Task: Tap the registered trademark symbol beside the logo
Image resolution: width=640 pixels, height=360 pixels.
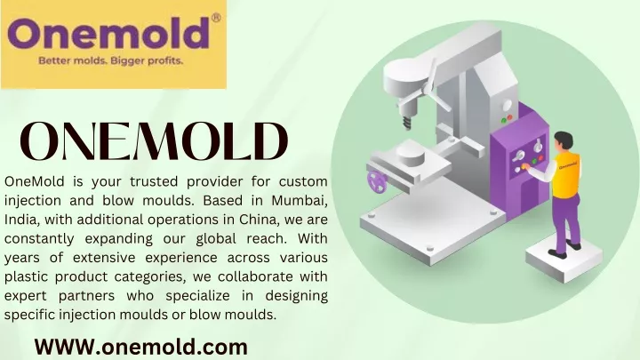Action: [x=217, y=18]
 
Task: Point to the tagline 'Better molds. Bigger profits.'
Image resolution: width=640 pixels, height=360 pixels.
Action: [x=110, y=60]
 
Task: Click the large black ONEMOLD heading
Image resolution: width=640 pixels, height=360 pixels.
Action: [x=154, y=141]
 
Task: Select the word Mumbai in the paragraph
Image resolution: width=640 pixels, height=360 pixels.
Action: [x=300, y=200]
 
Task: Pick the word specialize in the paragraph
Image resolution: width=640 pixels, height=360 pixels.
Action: [x=197, y=296]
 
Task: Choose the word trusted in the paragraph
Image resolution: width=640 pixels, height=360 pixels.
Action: [x=152, y=181]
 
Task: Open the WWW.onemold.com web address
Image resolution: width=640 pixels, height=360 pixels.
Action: [x=141, y=348]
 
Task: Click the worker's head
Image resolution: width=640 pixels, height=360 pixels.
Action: [x=564, y=141]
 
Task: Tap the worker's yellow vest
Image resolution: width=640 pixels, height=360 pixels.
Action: [x=566, y=174]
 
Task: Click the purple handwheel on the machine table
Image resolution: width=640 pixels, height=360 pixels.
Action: [x=377, y=181]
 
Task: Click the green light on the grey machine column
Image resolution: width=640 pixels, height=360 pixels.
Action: [x=504, y=120]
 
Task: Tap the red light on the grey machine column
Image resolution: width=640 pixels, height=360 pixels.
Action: [x=510, y=117]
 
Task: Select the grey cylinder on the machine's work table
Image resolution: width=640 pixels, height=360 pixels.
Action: [x=411, y=153]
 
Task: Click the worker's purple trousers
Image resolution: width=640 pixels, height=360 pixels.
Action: [x=565, y=221]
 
